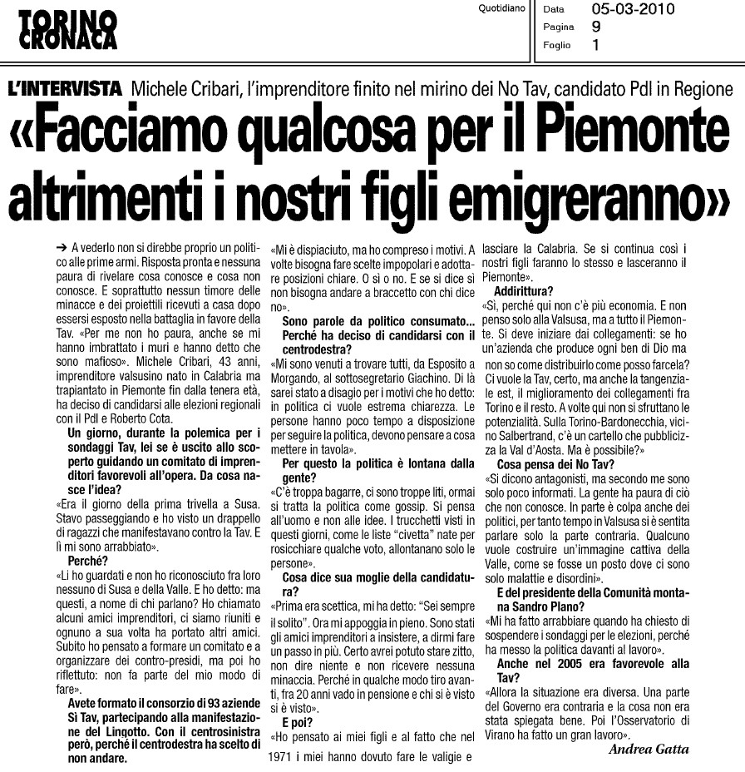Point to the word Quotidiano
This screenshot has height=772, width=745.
(x=502, y=10)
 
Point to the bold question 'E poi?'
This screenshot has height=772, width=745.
(x=298, y=721)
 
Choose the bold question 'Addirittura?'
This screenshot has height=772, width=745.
(x=524, y=291)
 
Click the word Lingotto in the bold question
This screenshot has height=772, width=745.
(x=124, y=732)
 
